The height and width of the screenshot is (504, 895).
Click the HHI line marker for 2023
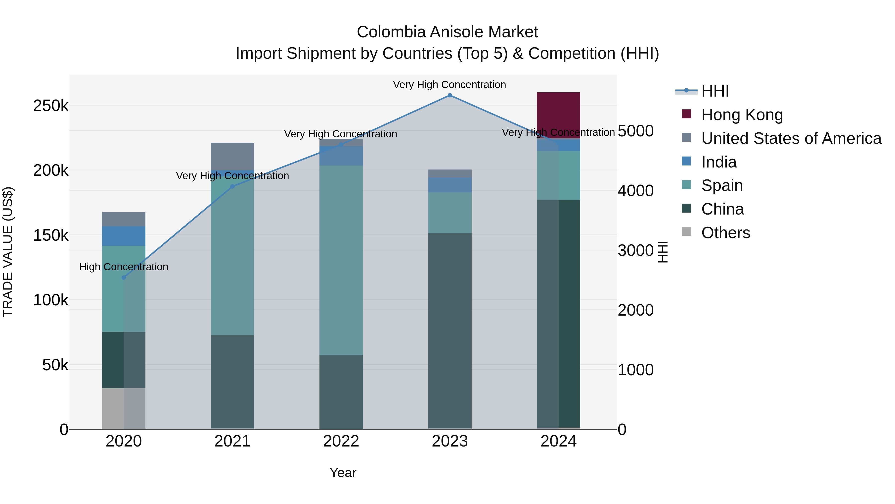449,95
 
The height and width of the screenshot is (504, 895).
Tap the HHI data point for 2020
124,278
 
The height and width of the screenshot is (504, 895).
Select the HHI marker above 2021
232,186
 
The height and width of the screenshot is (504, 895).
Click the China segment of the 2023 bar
449,331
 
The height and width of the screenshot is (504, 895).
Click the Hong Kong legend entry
742,115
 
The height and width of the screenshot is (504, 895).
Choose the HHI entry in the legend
715,91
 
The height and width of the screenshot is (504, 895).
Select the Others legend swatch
686,232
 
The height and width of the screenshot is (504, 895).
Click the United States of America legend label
791,138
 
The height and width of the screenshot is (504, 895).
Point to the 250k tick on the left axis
51,105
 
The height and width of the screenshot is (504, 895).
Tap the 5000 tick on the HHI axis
635,131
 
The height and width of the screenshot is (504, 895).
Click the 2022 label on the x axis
341,441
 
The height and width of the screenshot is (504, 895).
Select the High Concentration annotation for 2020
124,267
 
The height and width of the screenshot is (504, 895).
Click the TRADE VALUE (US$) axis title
8,252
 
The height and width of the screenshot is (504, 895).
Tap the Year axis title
343,473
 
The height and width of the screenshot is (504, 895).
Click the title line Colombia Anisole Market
447,32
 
